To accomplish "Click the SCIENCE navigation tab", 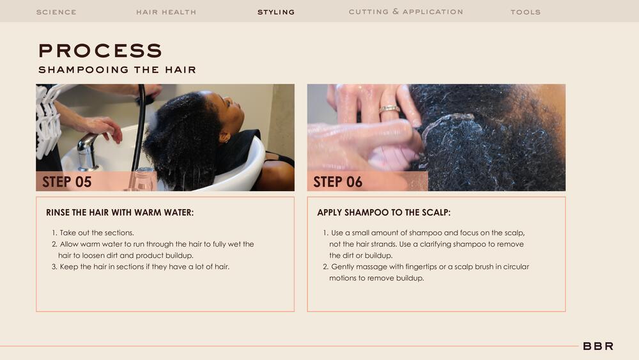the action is coord(56,12).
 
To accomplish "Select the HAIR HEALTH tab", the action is coord(166,12).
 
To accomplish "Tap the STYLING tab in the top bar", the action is coord(276,12).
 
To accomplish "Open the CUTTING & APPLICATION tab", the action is coord(406,12).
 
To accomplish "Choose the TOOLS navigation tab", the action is coord(526,12).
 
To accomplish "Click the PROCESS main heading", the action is coord(100,51).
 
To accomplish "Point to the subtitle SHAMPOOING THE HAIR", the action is coord(118,70).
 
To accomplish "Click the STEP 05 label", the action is coord(67,182).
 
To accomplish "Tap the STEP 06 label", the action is coord(338,182).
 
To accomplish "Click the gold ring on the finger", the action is coord(390,109).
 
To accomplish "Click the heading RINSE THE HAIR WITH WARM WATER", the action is coord(120,213).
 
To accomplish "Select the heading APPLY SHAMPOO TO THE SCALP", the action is coord(384,213).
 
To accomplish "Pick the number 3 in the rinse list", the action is coord(54,267).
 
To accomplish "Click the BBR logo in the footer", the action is coord(598,346).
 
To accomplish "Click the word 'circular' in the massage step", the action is coord(516,267).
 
